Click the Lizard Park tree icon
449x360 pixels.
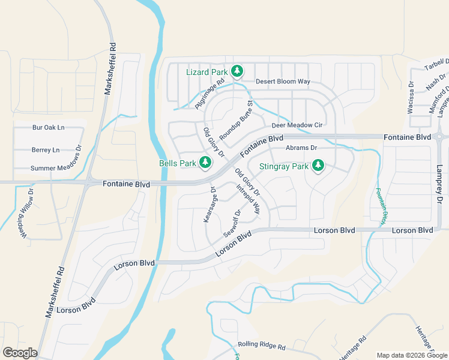(x=237, y=72)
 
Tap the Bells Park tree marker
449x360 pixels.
(x=205, y=163)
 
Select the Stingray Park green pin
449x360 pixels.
(x=318, y=166)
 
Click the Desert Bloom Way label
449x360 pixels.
(x=283, y=82)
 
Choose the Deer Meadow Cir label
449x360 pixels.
(x=297, y=125)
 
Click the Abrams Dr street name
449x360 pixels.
(x=301, y=148)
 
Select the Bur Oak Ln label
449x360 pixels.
(x=49, y=128)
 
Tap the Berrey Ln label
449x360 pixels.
(x=46, y=150)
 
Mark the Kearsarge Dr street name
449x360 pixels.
(x=209, y=205)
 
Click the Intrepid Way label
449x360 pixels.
(x=249, y=199)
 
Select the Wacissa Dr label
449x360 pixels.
(x=411, y=98)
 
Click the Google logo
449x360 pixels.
(x=20, y=352)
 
